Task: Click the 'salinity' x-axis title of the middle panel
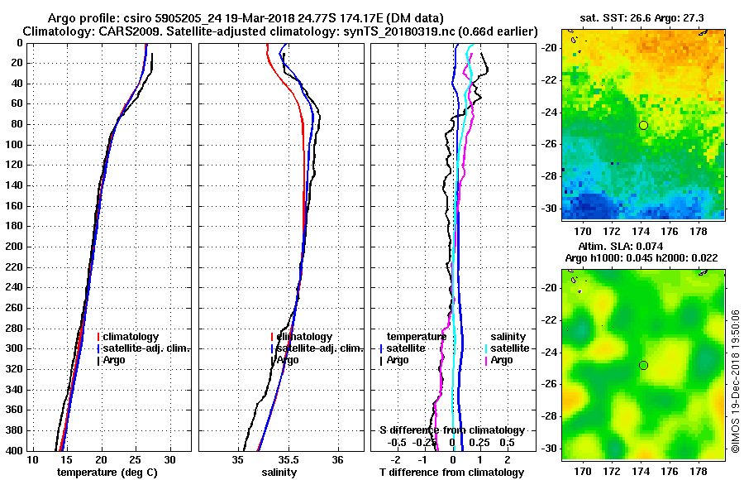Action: coord(280,473)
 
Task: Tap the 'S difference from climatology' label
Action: coord(452,430)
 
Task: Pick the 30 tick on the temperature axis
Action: coord(170,459)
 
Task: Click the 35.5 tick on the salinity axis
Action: coord(289,459)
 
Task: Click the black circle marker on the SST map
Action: coord(643,125)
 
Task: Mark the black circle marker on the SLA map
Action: coord(643,365)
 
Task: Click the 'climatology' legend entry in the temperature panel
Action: coord(131,337)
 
